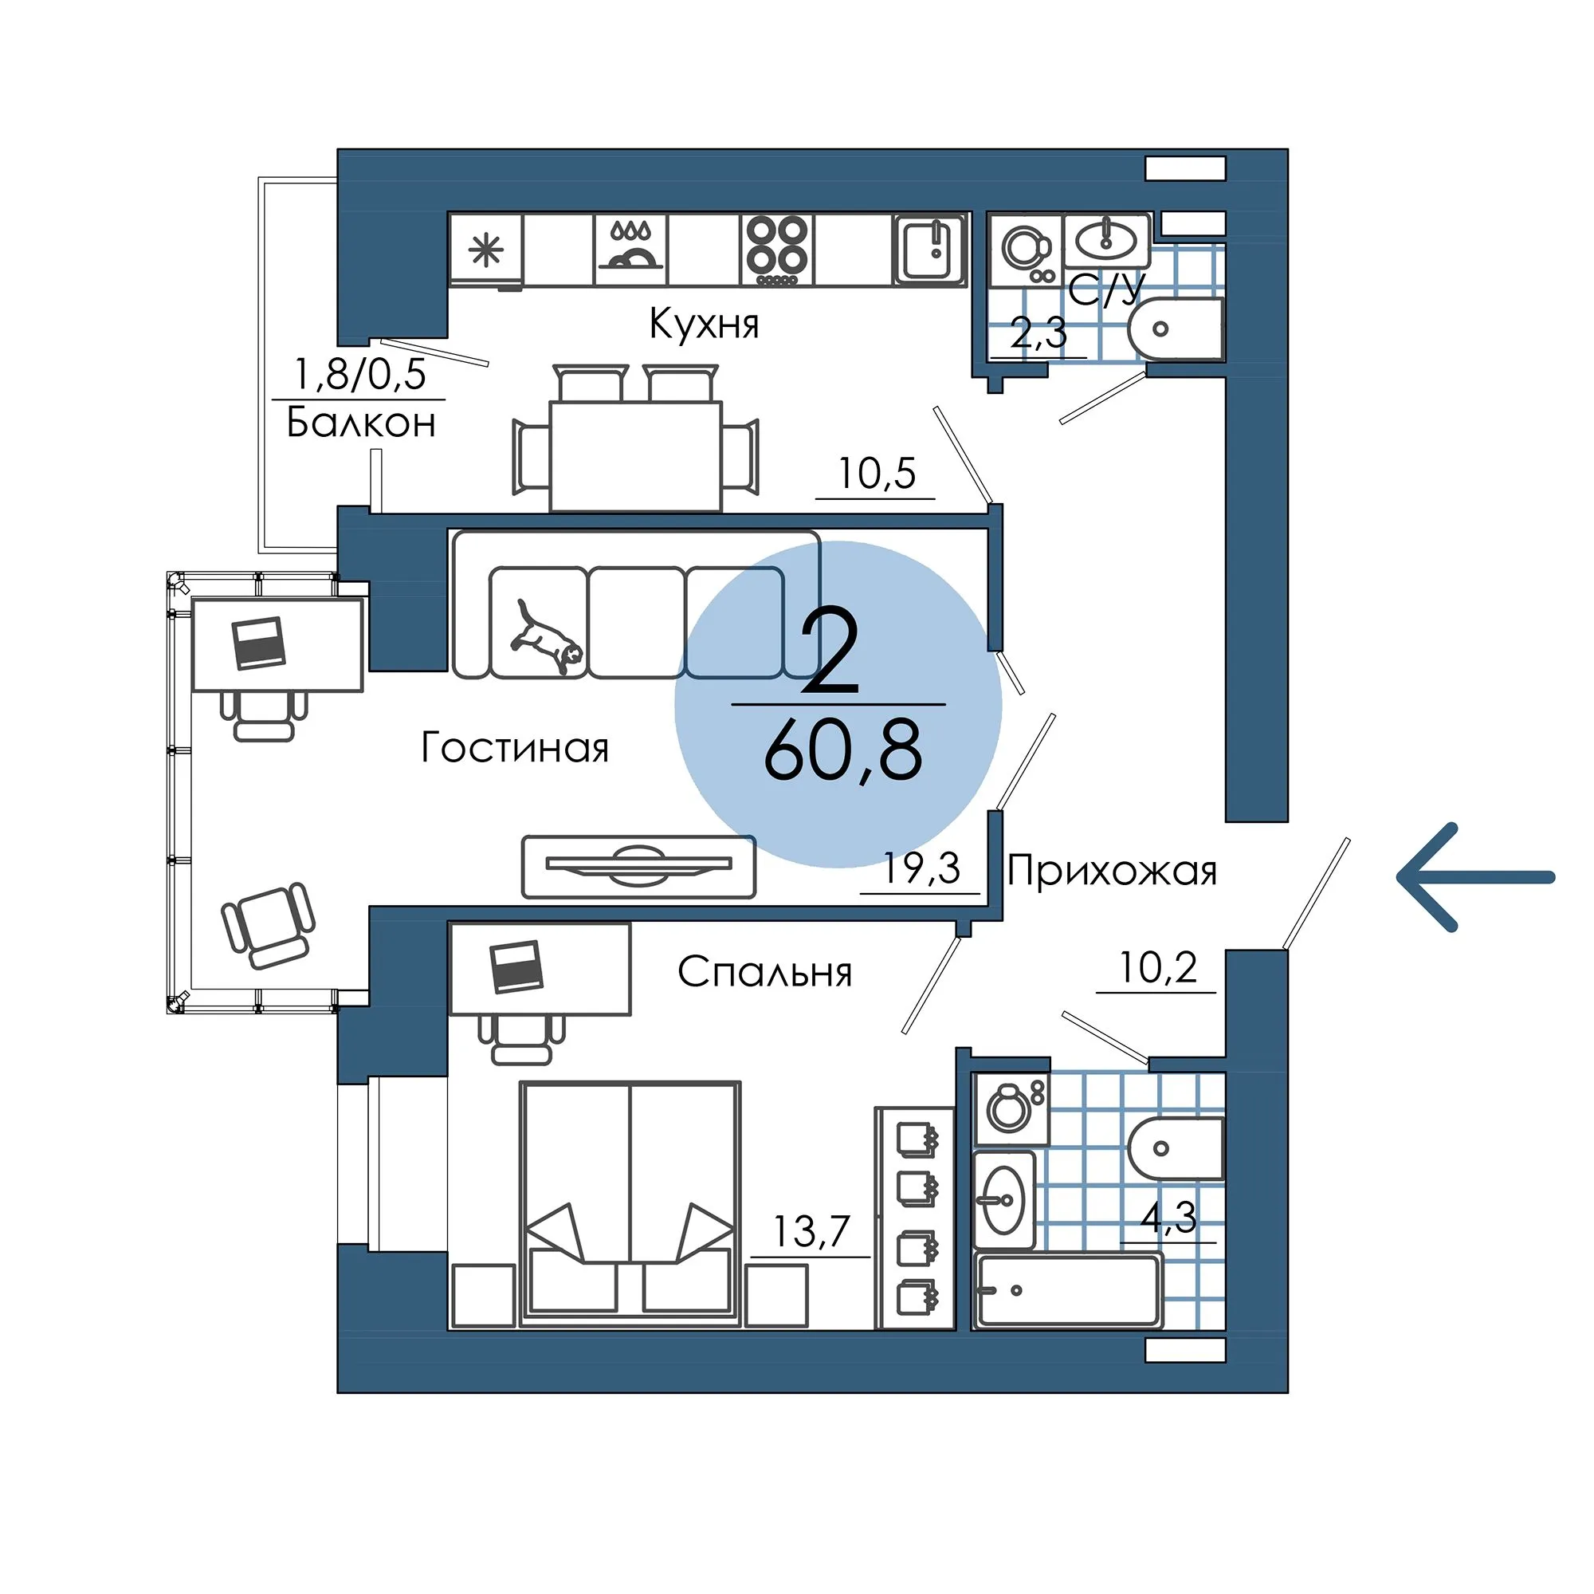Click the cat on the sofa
pyautogui.click(x=545, y=636)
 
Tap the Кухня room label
pyautogui.click(x=704, y=324)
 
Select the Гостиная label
pyautogui.click(x=515, y=748)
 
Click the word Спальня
pyautogui.click(x=764, y=972)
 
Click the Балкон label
pyautogui.click(x=361, y=423)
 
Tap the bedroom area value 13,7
pyautogui.click(x=811, y=1233)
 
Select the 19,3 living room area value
pyautogui.click(x=921, y=868)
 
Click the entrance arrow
pyautogui.click(x=1475, y=877)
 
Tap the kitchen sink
pyautogui.click(x=930, y=250)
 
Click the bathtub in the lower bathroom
pyautogui.click(x=1068, y=1292)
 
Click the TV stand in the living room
pyautogui.click(x=638, y=866)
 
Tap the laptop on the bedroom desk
pyautogui.click(x=516, y=966)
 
